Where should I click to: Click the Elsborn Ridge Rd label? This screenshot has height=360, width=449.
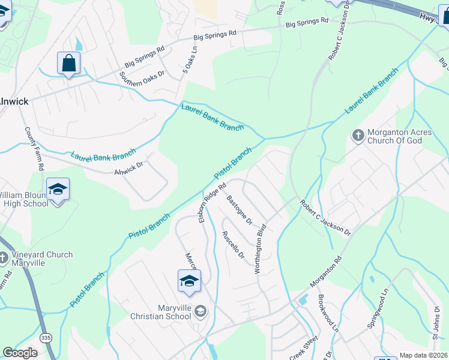click(212, 202)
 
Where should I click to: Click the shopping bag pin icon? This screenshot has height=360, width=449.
click(68, 63)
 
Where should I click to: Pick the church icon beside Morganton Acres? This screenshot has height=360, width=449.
click(357, 135)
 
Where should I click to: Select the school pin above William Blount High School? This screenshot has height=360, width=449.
click(58, 189)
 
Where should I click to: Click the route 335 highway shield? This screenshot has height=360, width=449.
click(46, 338)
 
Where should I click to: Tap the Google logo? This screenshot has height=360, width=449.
click(20, 353)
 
